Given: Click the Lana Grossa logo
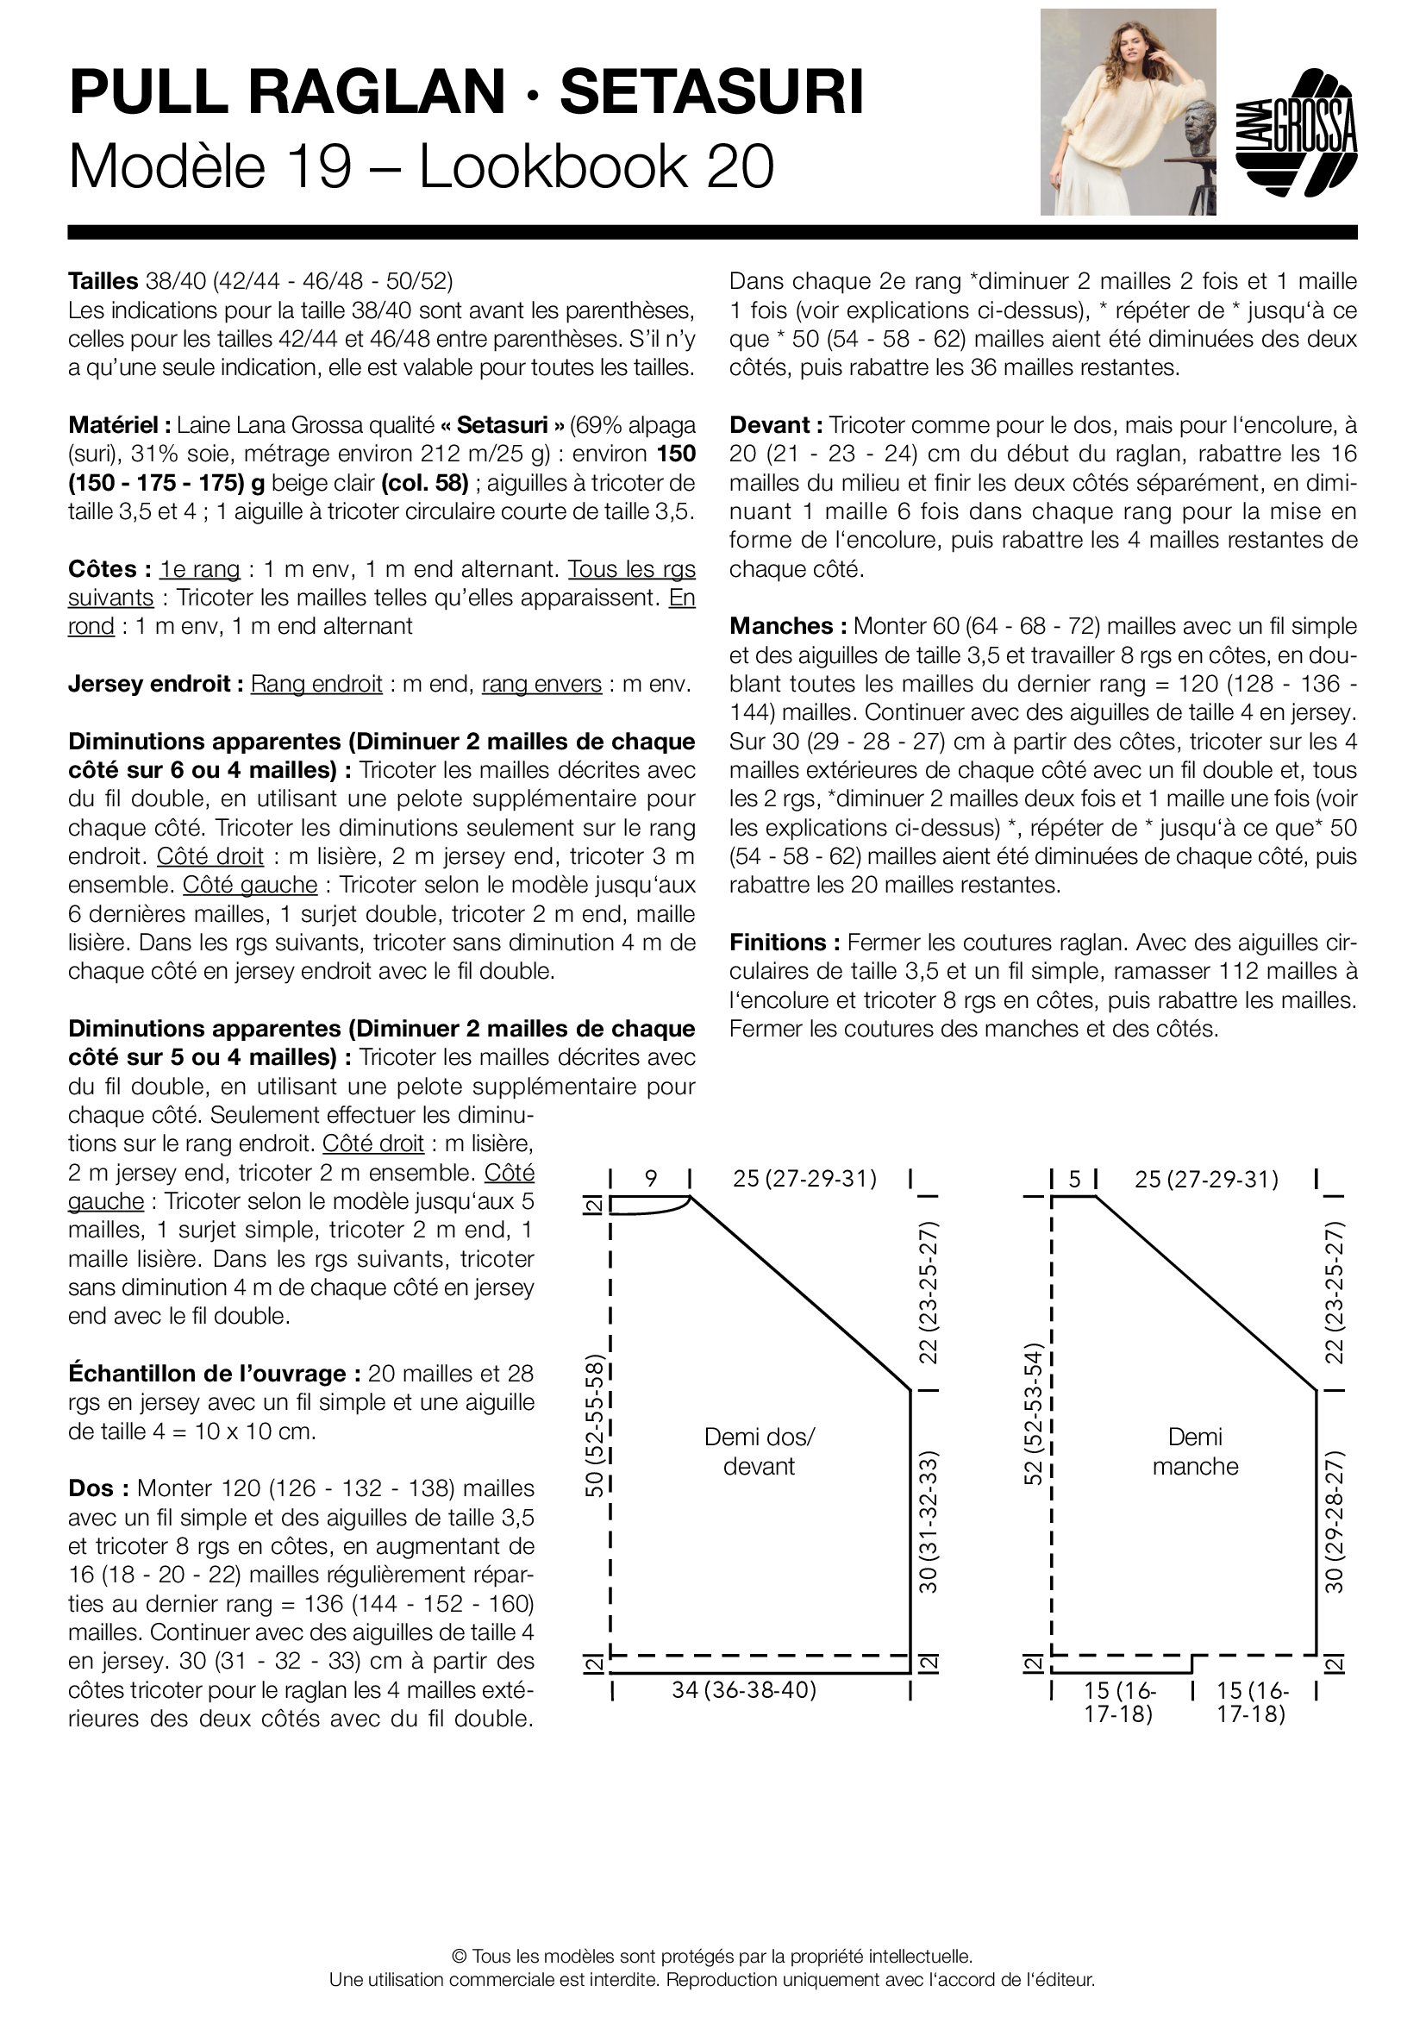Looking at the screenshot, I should pyautogui.click(x=1296, y=132).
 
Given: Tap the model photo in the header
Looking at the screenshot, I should pyautogui.click(x=1128, y=111).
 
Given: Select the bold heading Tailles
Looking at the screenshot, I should pyautogui.click(x=103, y=281).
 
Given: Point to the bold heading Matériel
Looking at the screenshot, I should pyautogui.click(x=120, y=425).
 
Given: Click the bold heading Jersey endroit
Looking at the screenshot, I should pyautogui.click(x=155, y=684).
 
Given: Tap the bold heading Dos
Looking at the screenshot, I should pyautogui.click(x=98, y=1488).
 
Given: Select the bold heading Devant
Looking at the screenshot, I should pyautogui.click(x=775, y=425).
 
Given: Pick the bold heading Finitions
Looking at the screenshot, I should pyautogui.click(x=784, y=943).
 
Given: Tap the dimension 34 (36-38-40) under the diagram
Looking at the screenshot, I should pyautogui.click(x=744, y=1689).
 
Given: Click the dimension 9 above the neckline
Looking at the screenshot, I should pyautogui.click(x=651, y=1178).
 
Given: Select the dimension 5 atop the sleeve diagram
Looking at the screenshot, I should pyautogui.click(x=1074, y=1178).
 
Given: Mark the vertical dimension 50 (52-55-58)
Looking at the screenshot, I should pyautogui.click(x=595, y=1425).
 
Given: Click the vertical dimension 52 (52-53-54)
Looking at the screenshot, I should pyautogui.click(x=1034, y=1414).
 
